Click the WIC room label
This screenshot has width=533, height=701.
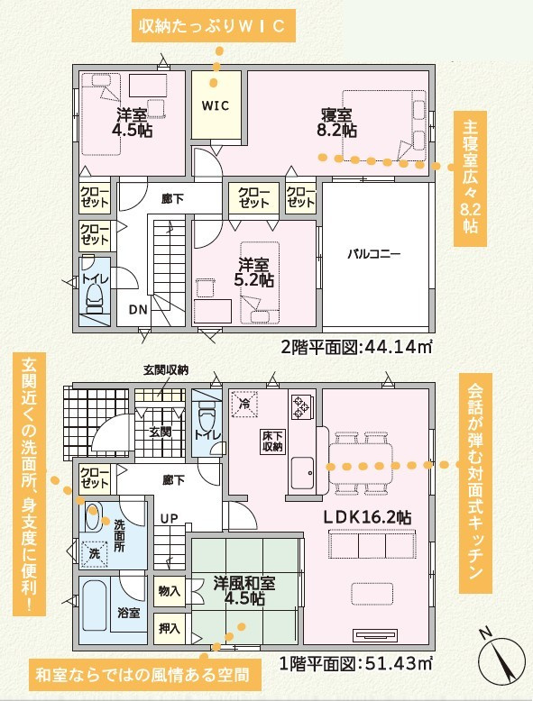(216, 106)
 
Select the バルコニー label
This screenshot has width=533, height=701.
(374, 254)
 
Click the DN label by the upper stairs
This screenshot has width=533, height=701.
(138, 309)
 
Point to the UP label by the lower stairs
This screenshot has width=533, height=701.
(170, 519)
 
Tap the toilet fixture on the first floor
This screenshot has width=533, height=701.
(207, 414)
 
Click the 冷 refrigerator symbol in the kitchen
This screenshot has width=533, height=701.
(244, 404)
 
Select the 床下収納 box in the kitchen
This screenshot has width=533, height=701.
(272, 441)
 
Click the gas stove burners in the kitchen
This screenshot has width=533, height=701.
(300, 406)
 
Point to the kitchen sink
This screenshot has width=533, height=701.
(302, 474)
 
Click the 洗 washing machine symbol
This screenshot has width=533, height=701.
(95, 553)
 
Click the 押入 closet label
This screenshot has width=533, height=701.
(170, 629)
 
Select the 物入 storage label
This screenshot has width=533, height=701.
(170, 591)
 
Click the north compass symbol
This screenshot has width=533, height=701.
(501, 659)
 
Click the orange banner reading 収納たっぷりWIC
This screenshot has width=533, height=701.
(214, 26)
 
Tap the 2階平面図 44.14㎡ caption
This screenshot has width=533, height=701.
(356, 347)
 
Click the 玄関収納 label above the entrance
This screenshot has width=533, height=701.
(166, 370)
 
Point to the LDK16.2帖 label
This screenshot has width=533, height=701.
(367, 517)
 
